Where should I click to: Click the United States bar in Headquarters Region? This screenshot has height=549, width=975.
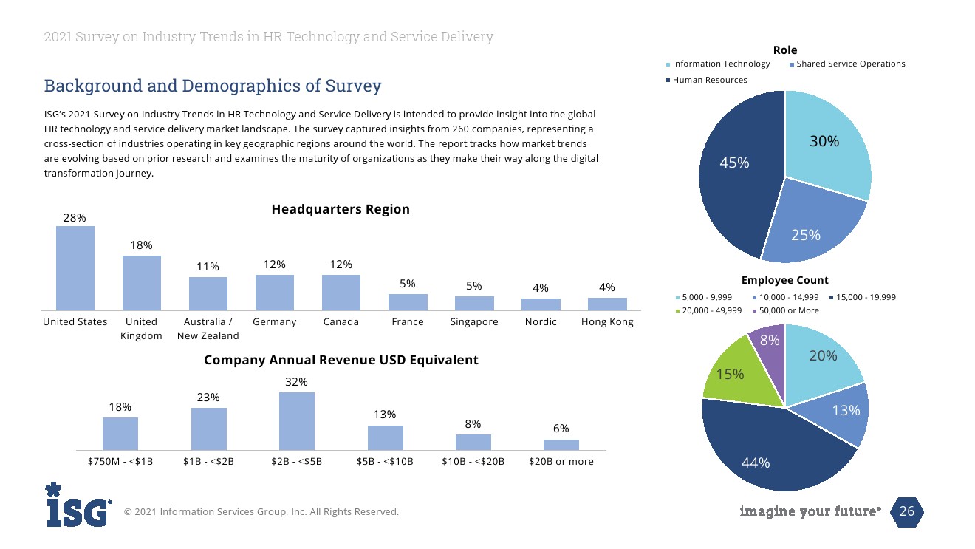point(75,267)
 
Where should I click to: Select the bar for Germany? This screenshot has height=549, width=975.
point(275,292)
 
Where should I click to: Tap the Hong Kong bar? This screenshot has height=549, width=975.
point(607,304)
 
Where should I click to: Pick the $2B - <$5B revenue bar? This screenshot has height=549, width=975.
point(297,420)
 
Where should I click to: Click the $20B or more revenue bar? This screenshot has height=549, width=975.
point(561,445)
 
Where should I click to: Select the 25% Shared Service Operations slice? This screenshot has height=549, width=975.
point(809,225)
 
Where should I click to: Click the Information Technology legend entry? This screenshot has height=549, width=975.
point(720,64)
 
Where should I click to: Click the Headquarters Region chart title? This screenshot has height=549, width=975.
point(341,209)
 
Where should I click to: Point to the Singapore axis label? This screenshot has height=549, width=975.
point(474,322)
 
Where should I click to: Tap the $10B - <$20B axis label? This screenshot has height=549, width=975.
point(473,461)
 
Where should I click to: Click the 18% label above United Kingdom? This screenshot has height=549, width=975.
point(142,245)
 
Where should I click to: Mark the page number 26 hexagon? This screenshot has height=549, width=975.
point(906,511)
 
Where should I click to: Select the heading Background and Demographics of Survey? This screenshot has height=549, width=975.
point(213,86)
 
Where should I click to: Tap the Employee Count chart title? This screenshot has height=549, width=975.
point(784,280)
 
